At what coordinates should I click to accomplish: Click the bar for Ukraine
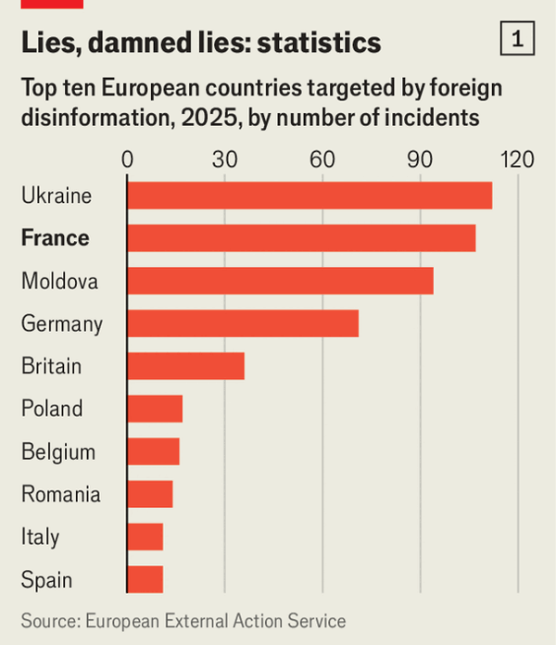309,196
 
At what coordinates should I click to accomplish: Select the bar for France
301,238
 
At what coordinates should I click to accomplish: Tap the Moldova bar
280,281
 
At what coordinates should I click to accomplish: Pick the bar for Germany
243,323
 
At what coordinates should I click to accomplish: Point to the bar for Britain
185,366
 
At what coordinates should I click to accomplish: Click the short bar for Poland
155,409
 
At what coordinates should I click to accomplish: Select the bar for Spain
145,579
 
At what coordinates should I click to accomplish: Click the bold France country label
56,238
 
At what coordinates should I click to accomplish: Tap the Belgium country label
58,452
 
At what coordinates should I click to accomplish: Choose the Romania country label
60,494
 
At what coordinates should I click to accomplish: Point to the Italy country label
40,537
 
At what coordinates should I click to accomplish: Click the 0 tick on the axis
128,158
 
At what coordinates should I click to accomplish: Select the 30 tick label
225,158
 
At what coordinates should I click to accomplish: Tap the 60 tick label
322,158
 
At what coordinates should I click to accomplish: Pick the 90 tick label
421,158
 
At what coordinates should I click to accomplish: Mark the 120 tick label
516,158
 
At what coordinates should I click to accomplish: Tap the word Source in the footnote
49,621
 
